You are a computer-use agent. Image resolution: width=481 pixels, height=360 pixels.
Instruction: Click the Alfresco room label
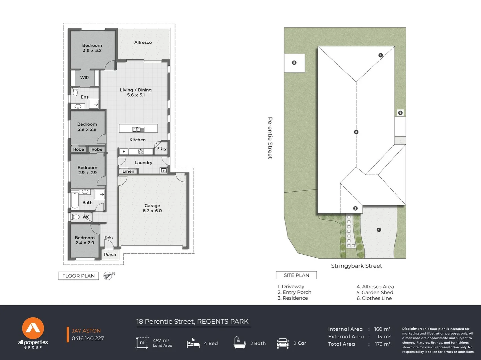tap(143, 42)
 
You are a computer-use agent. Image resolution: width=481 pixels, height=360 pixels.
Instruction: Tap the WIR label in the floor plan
tap(84, 78)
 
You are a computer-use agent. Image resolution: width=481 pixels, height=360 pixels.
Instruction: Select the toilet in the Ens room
tap(75, 92)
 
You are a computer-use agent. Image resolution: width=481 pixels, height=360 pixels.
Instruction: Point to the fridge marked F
tap(124, 151)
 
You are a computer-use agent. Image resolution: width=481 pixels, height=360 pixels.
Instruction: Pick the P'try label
tap(161, 148)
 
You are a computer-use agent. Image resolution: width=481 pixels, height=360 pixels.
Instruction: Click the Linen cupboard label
tap(128, 171)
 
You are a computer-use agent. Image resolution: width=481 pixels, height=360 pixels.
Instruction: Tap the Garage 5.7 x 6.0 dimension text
tap(152, 211)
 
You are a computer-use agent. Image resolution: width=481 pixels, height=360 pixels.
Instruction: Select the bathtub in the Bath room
tap(75, 200)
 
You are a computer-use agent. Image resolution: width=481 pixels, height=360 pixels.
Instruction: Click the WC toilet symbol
tap(76, 217)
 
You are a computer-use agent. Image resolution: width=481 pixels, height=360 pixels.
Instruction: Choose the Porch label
tap(110, 254)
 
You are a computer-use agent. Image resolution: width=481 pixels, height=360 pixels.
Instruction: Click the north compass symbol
tap(108, 276)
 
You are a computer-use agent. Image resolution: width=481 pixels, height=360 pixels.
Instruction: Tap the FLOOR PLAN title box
tap(78, 276)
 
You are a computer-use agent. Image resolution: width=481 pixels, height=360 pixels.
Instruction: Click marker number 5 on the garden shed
tap(294, 63)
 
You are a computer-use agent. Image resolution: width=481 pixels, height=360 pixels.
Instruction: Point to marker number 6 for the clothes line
tap(400, 113)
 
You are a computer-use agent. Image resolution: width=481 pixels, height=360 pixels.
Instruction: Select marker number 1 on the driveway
tap(379, 230)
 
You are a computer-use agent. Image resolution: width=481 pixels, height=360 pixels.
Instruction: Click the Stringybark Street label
tap(356, 266)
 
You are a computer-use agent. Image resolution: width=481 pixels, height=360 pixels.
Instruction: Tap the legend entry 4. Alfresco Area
tap(375, 287)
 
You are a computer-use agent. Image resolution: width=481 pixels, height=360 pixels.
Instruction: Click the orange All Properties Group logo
tap(33, 328)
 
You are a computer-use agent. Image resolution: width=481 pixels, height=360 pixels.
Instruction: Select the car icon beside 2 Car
tap(283, 343)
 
